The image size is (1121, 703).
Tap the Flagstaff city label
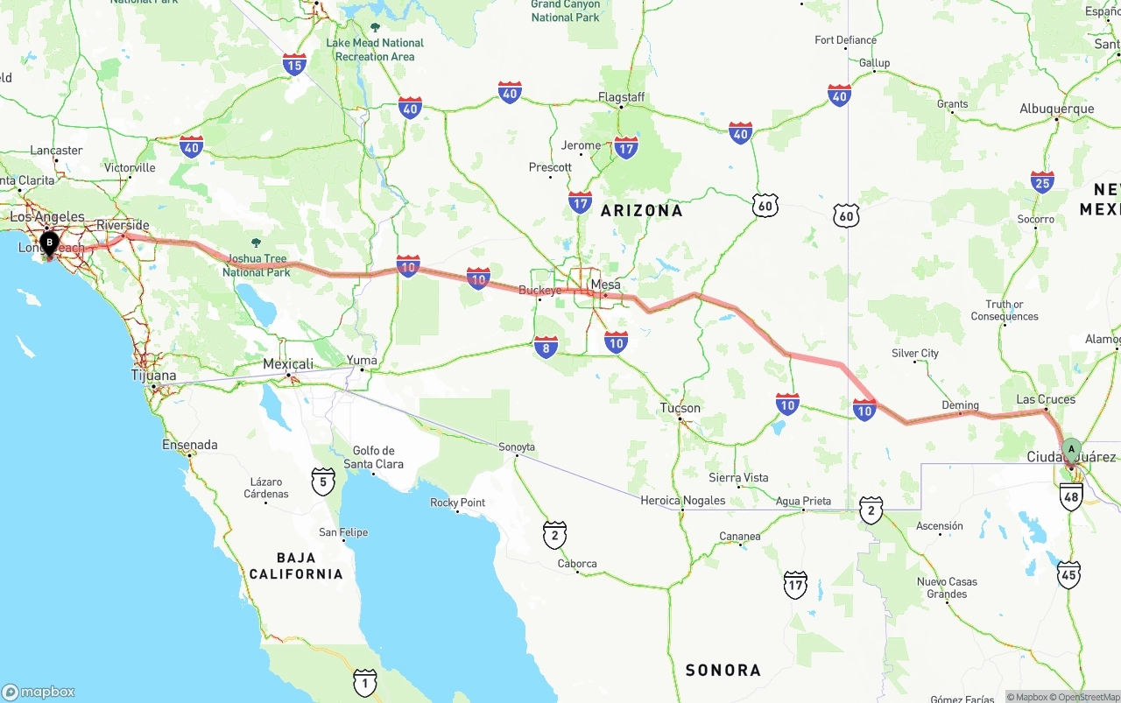click(x=621, y=97)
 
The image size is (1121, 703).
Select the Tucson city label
click(x=680, y=408)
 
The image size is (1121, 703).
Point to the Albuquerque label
click(x=1056, y=109)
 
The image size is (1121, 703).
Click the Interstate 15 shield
click(x=294, y=64)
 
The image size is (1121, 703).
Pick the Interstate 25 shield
click(x=1042, y=182)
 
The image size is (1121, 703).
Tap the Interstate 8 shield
click(x=546, y=348)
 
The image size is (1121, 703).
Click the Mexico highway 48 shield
click(x=1071, y=496)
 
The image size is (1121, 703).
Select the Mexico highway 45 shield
click(x=1068, y=575)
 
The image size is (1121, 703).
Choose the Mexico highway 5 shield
click(x=323, y=481)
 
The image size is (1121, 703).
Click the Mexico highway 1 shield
click(x=365, y=682)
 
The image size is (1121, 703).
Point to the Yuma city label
click(x=362, y=361)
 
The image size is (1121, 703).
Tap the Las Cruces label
click(x=1046, y=399)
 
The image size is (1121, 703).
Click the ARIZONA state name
click(x=641, y=211)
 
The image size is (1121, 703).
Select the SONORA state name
click(x=723, y=671)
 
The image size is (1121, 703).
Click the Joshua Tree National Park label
click(x=256, y=265)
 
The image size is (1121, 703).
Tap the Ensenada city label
click(x=190, y=445)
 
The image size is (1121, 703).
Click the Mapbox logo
click(x=39, y=692)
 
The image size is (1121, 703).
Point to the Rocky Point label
click(x=457, y=503)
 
